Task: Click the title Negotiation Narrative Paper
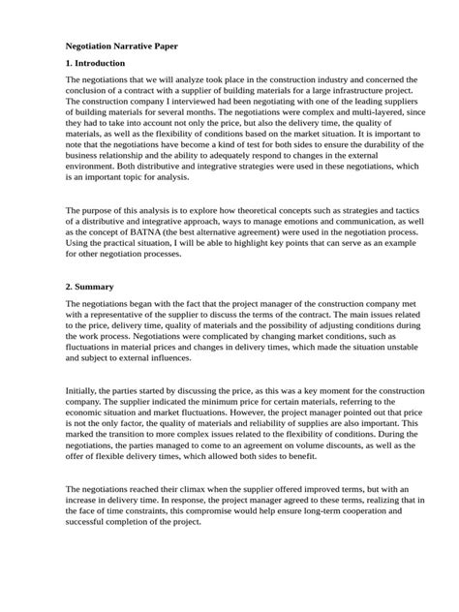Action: pyautogui.click(x=121, y=46)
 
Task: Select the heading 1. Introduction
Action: pyautogui.click(x=98, y=63)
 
